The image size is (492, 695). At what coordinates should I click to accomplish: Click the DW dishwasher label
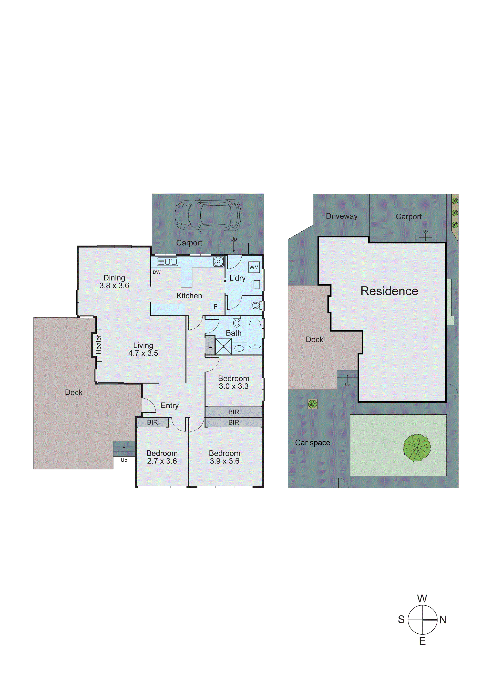pyautogui.click(x=156, y=272)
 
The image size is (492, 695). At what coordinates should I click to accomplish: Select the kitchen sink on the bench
pyautogui.click(x=167, y=262)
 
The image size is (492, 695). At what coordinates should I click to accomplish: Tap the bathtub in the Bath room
pyautogui.click(x=255, y=333)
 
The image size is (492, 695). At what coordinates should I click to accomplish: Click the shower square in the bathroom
pyautogui.click(x=223, y=346)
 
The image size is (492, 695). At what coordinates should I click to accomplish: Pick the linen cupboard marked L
pyautogui.click(x=210, y=345)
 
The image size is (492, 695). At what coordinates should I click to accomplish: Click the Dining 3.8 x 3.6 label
pyautogui.click(x=114, y=282)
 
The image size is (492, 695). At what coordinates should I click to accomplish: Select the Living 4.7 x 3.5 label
pyautogui.click(x=143, y=349)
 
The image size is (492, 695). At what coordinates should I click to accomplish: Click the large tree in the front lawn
pyautogui.click(x=417, y=447)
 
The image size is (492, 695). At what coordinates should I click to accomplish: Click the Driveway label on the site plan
pyautogui.click(x=342, y=216)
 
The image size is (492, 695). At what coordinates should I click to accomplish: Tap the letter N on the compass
pyautogui.click(x=443, y=620)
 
